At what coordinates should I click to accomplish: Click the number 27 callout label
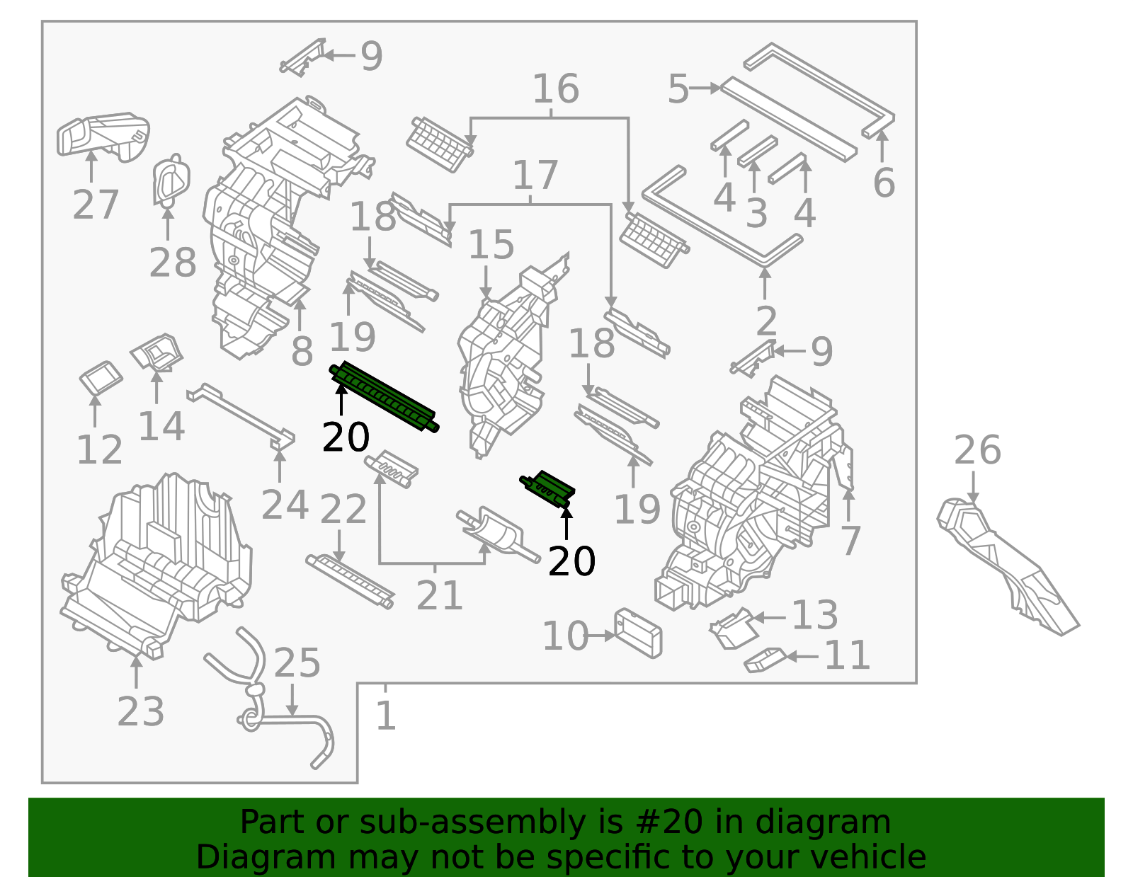click(x=95, y=205)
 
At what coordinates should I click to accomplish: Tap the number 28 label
click(x=172, y=263)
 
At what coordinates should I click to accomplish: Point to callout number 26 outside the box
click(x=977, y=450)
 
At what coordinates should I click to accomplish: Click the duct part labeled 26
click(x=1006, y=566)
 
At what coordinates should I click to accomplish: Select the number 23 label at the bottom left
click(x=140, y=711)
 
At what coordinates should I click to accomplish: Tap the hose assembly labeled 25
click(x=283, y=715)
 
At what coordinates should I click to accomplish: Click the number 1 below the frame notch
click(x=385, y=716)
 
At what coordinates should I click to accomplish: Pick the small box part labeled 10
click(x=638, y=633)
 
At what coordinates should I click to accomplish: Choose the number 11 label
click(x=847, y=656)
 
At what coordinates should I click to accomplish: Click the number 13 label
click(x=814, y=615)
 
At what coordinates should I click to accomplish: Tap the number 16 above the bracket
click(x=555, y=89)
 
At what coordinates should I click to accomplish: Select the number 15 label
click(x=491, y=245)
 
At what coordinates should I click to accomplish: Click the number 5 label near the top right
click(x=678, y=90)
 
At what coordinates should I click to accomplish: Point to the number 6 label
click(x=884, y=183)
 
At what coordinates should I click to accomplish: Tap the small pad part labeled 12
click(x=101, y=379)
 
